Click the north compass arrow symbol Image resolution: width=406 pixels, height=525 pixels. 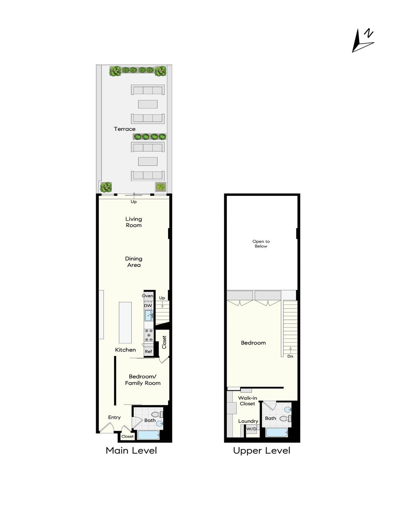(362, 41)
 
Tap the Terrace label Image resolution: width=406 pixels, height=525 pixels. (124, 129)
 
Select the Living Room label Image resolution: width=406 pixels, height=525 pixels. (133, 222)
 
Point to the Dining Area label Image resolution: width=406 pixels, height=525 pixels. (133, 262)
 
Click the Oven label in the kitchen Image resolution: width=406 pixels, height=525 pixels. (147, 296)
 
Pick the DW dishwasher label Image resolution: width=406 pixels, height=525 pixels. (148, 306)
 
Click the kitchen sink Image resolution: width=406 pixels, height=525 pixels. (149, 316)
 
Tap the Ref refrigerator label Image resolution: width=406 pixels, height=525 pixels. (149, 351)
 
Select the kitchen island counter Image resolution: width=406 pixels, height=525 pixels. (125, 323)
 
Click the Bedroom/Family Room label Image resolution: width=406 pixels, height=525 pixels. (143, 380)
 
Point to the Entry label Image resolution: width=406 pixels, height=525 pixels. (114, 417)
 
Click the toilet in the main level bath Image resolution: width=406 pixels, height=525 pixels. (157, 415)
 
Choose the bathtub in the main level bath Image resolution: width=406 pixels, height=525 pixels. (149, 435)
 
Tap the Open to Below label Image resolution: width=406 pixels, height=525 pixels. (261, 244)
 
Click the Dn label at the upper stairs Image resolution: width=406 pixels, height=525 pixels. (290, 356)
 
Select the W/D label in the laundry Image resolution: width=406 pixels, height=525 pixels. (251, 429)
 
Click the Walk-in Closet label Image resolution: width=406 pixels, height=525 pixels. (247, 401)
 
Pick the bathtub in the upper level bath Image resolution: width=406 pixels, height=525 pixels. (277, 432)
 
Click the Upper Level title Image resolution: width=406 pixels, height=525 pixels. (262, 450)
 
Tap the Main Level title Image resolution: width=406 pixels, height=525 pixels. (131, 450)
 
